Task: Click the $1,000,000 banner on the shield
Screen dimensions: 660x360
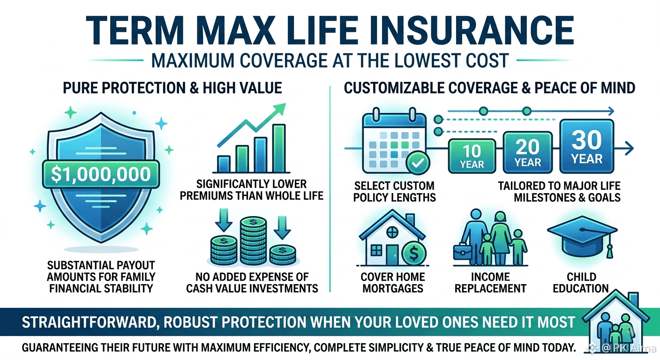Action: coord(101,174)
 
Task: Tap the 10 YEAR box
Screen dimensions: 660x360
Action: coord(472,156)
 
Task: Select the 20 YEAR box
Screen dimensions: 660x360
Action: coord(527,152)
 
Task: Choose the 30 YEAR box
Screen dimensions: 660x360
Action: coord(586,146)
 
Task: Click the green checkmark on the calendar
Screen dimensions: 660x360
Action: coord(418,162)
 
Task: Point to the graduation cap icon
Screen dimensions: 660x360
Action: coord(582,237)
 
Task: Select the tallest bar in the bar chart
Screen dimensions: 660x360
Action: coord(279,148)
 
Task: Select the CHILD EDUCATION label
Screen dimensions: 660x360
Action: coord(581,283)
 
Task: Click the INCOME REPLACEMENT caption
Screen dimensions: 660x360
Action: coord(490,283)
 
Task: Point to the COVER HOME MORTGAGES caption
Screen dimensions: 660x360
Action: coord(393,283)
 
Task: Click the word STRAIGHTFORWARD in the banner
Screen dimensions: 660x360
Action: coord(89,322)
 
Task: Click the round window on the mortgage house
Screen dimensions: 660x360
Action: coord(392,232)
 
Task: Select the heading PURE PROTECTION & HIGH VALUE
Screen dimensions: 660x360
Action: coord(172,88)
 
